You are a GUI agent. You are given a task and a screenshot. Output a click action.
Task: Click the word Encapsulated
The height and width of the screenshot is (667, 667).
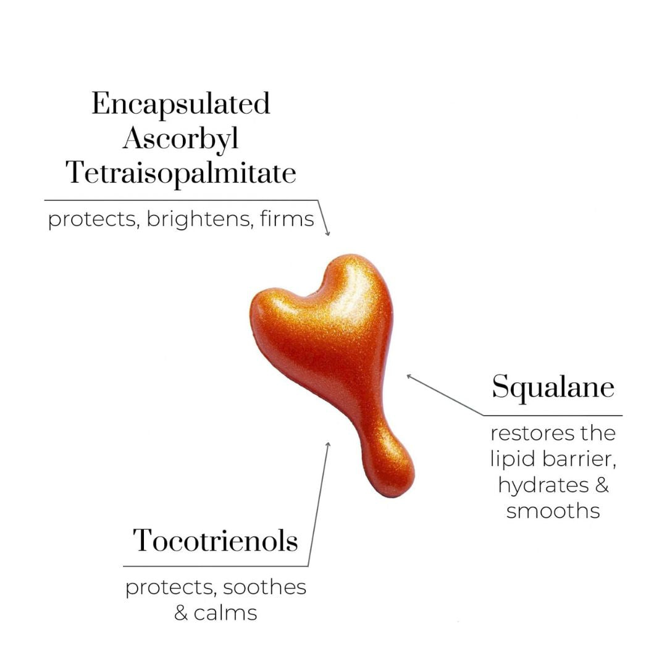tap(181, 104)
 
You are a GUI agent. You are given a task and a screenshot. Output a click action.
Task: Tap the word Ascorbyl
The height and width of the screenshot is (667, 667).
tap(181, 140)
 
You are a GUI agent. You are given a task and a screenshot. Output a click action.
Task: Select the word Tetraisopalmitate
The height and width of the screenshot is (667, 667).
tap(181, 174)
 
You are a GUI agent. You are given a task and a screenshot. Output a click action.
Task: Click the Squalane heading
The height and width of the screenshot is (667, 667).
tap(553, 388)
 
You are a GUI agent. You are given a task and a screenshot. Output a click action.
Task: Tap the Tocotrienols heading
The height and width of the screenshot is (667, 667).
tap(216, 541)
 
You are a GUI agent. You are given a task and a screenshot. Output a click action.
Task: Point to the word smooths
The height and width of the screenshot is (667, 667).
tap(553, 511)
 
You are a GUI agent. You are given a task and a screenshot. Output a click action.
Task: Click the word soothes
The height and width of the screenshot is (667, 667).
tap(264, 587)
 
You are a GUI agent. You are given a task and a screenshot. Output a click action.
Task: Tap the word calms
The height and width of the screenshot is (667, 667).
tap(225, 613)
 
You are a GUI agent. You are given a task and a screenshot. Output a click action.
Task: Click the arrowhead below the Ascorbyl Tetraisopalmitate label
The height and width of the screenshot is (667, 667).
tap(327, 233)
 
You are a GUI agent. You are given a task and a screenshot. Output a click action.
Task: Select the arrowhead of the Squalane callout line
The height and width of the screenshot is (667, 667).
tap(409, 376)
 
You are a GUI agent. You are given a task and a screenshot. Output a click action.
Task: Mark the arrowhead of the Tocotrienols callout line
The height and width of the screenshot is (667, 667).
tap(328, 444)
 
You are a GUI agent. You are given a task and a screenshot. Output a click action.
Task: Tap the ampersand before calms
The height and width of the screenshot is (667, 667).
tap(181, 613)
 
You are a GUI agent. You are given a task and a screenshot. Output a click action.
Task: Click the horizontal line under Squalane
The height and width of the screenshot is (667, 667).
tap(553, 415)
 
